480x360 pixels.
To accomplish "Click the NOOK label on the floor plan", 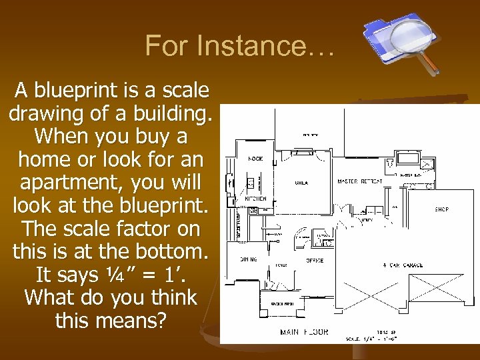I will coord(256,159).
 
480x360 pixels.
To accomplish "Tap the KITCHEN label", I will coord(256,199).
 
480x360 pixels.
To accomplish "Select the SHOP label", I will coord(441,209).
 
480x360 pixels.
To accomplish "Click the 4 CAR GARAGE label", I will coord(402,265).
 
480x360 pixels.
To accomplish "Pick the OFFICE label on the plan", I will coord(315,261).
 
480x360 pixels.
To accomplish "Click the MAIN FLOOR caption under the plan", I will coord(304,332).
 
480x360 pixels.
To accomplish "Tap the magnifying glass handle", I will coord(431,64).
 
